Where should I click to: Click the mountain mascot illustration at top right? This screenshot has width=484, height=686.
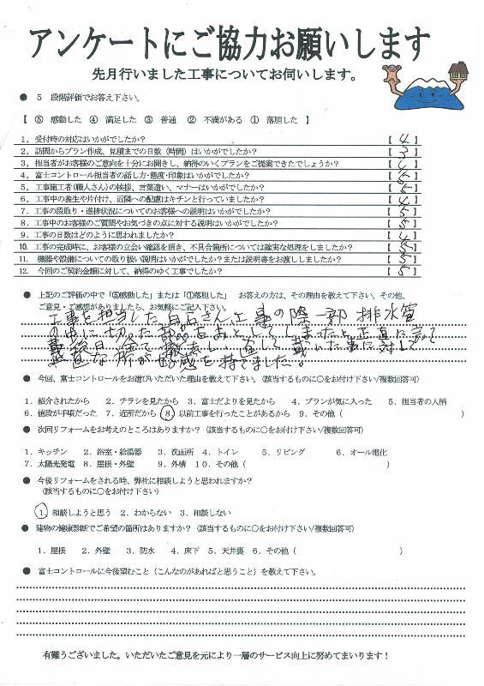pos(427,86)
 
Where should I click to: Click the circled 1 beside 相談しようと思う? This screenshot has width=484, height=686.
pos(40,510)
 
